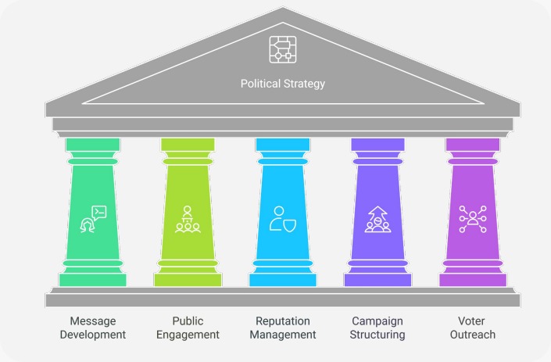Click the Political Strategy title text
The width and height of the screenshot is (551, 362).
click(x=281, y=83)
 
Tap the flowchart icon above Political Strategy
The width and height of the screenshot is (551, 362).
click(x=281, y=49)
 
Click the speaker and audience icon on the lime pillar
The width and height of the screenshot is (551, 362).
click(x=188, y=219)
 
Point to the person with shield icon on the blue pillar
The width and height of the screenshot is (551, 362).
click(x=282, y=219)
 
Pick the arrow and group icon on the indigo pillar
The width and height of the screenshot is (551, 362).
click(x=377, y=219)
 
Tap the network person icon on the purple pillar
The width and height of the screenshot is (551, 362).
click(x=472, y=219)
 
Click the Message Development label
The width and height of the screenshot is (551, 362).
click(x=93, y=328)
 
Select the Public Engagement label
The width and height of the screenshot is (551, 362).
click(x=188, y=328)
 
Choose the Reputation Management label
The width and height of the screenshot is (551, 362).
click(x=282, y=328)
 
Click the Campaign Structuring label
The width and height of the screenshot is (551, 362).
click(x=377, y=328)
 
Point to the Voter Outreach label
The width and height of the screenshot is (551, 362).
click(x=472, y=328)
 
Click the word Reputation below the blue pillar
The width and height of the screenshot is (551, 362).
click(x=282, y=321)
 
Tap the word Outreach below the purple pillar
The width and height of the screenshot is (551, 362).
click(x=472, y=335)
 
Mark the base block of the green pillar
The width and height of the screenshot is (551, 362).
click(x=93, y=279)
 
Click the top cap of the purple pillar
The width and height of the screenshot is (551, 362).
click(x=472, y=144)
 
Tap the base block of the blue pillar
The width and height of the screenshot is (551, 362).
click(x=282, y=279)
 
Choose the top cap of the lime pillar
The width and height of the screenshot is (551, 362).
click(x=188, y=144)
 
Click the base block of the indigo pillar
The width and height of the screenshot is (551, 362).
click(x=377, y=279)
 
